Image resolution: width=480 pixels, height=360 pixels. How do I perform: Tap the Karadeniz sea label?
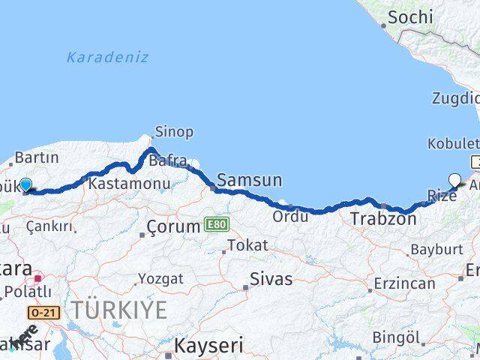[x=107, y=57]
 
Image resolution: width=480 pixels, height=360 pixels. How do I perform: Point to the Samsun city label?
[x=250, y=180]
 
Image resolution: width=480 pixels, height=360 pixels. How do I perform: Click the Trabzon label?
[x=382, y=219]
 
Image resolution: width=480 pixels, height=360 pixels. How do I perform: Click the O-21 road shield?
[x=44, y=311]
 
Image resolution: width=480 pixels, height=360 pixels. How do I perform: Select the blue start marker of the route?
[x=25, y=185]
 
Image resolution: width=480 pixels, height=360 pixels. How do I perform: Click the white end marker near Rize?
[x=454, y=179]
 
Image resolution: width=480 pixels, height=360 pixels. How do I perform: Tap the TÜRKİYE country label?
[x=118, y=310]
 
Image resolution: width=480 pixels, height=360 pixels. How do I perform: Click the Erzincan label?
[x=406, y=283]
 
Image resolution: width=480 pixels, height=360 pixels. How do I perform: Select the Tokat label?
[x=247, y=245]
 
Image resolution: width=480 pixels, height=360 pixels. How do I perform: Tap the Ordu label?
[x=291, y=217]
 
